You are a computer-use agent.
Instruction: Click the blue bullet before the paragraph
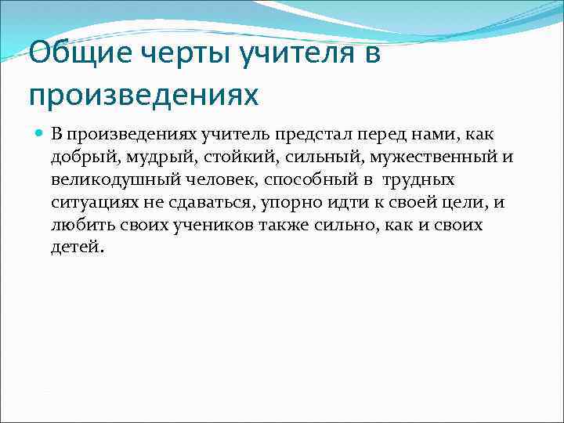pyautogui.click(x=39, y=135)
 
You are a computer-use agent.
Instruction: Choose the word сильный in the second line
pyautogui.click(x=302, y=157)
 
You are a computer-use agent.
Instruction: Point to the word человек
pyautogui.click(x=213, y=180)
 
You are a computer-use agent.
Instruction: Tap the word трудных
pyautogui.click(x=418, y=180)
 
